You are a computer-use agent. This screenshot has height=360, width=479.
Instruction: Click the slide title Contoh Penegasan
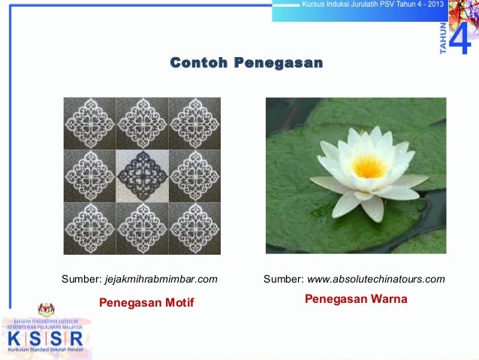(246, 62)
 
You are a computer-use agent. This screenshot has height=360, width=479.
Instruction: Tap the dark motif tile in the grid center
(142, 174)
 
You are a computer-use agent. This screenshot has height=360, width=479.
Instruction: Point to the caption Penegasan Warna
(356, 299)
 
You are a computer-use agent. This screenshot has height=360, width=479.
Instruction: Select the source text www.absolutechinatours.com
(375, 280)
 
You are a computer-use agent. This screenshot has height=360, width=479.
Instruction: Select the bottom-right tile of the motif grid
(194, 227)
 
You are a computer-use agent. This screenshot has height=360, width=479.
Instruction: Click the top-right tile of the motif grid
(194, 123)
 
